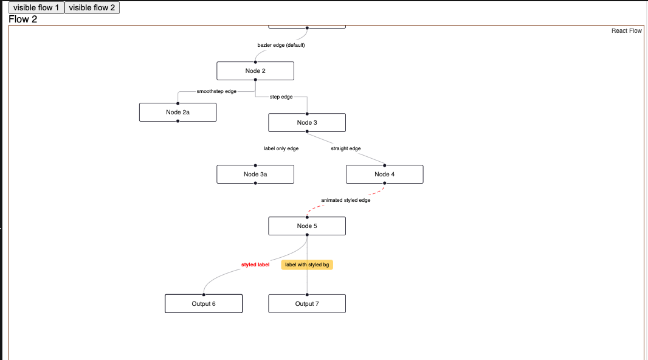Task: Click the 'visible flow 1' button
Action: [x=36, y=7]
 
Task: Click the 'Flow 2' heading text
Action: [x=23, y=19]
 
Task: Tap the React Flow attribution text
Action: [x=626, y=31]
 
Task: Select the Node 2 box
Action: [x=255, y=71]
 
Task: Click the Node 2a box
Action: [x=178, y=112]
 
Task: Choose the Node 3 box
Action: [x=307, y=123]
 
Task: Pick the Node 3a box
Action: [x=255, y=175]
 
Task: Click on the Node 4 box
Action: [x=384, y=175]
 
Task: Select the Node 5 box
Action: [x=307, y=226]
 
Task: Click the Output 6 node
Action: [x=204, y=304]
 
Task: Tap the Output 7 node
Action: [x=307, y=304]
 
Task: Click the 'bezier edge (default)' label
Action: [x=281, y=46]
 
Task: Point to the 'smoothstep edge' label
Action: [x=216, y=91]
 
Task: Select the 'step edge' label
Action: [x=281, y=97]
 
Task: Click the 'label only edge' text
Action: [x=281, y=148]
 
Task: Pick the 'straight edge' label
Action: [x=345, y=148]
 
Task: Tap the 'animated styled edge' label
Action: [x=345, y=200]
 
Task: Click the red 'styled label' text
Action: [x=255, y=265]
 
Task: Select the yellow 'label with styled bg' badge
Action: [x=307, y=265]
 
